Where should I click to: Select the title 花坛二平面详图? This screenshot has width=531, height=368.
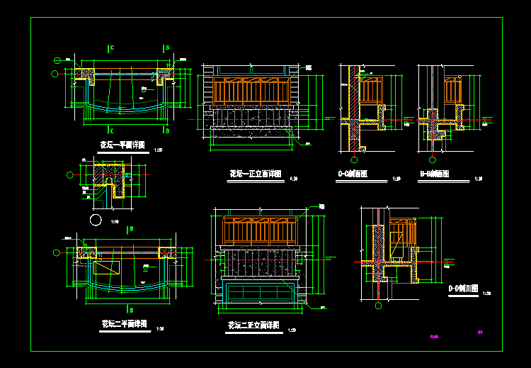pos(124,324)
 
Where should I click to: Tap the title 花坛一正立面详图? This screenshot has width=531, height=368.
pos(256,174)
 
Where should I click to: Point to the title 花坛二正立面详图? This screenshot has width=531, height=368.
pos(253,325)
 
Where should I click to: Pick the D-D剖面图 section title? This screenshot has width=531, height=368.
pos(464,289)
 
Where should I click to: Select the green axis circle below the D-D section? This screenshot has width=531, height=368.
pos(378,306)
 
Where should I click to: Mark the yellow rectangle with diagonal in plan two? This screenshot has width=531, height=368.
pos(107,268)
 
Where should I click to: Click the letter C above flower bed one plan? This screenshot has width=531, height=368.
pos(112,48)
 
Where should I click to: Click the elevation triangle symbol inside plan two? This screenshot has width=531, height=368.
pos(146,269)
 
